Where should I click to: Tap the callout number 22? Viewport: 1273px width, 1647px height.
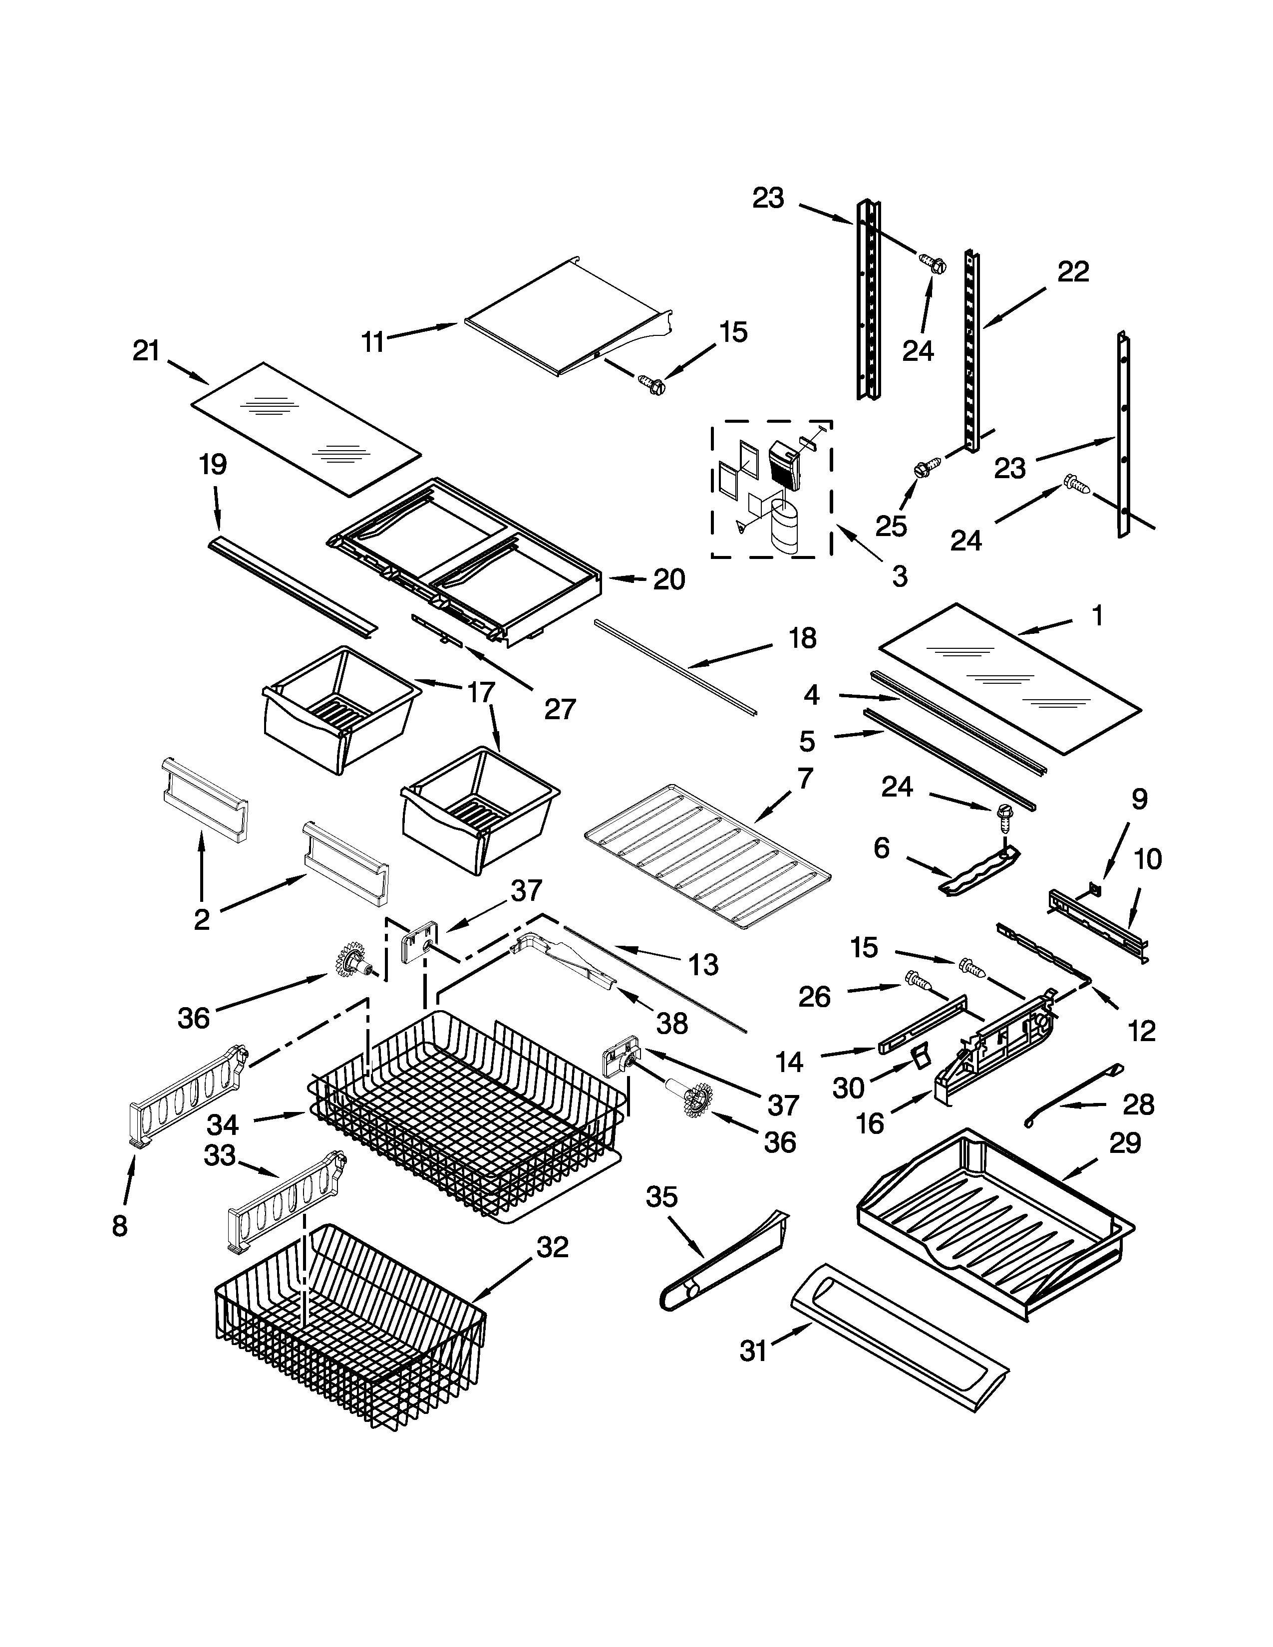click(1072, 272)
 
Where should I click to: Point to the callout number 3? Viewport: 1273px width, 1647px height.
click(900, 576)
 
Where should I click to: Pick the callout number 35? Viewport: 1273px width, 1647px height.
click(661, 1197)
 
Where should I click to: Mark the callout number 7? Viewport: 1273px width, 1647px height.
click(805, 778)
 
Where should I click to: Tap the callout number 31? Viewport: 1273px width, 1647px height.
click(753, 1351)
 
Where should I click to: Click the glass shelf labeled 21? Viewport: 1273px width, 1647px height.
click(306, 430)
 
